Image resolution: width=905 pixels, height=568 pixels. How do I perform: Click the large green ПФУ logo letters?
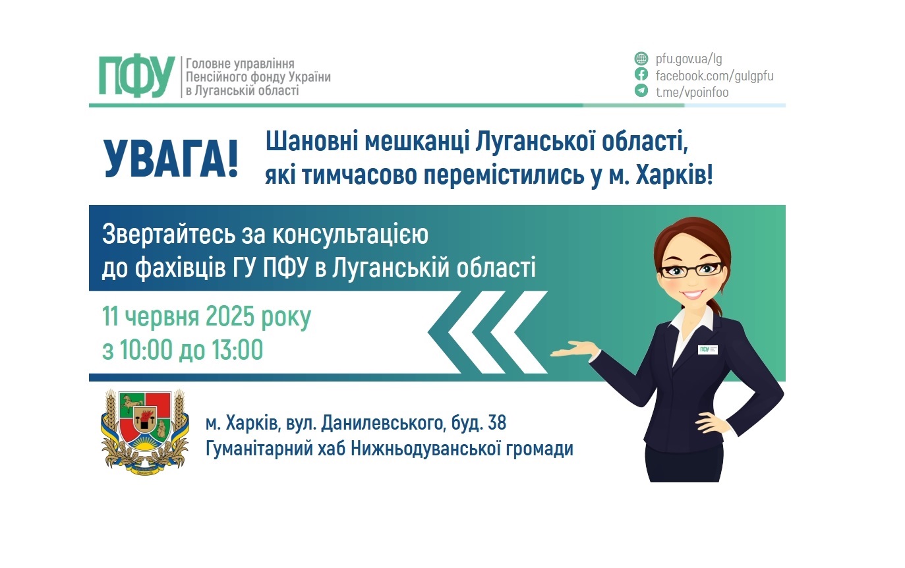coord(136,77)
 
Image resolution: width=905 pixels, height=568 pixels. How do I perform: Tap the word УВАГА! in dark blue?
coord(171,159)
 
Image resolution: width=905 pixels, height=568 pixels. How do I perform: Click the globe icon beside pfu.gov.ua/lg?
coord(641,58)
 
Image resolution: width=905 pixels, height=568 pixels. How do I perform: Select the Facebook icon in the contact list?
coord(641,74)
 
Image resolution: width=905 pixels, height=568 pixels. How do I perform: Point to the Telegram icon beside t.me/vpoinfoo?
coord(641,92)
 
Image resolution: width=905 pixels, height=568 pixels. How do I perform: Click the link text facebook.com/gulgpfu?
coord(715,75)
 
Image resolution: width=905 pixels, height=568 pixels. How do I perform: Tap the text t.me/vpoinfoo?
coord(692,92)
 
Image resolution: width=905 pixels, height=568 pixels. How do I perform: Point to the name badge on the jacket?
coord(707,349)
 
